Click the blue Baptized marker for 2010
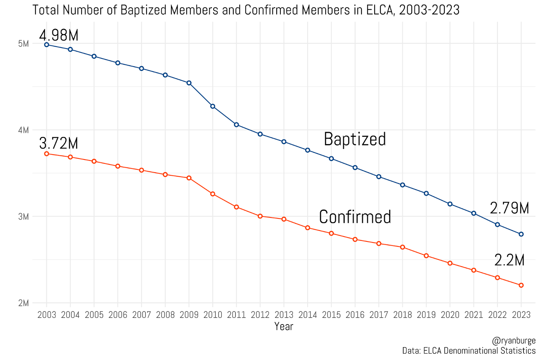tap(213, 106)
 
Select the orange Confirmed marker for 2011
tap(236, 207)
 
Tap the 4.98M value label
tap(59, 35)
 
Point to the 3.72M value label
tap(59, 143)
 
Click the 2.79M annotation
tap(509, 208)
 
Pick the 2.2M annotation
tap(509, 260)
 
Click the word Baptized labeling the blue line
tap(355, 139)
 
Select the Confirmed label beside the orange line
tap(355, 217)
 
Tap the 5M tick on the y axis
tap(23, 44)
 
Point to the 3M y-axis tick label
tap(23, 216)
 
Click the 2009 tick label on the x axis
tap(189, 315)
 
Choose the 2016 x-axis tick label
tap(355, 315)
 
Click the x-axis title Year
tap(284, 326)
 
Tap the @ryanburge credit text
tap(514, 340)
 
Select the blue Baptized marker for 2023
tap(521, 234)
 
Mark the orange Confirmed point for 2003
tap(47, 154)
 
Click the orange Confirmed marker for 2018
tap(402, 247)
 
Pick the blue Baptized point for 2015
tap(331, 159)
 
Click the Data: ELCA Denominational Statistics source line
tap(469, 351)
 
